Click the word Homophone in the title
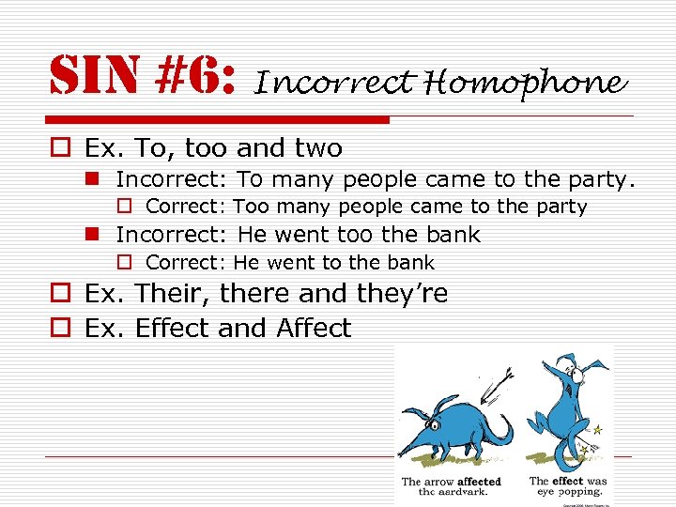(524, 84)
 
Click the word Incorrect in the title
(333, 84)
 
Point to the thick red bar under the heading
(216, 120)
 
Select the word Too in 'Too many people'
(251, 207)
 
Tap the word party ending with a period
(605, 178)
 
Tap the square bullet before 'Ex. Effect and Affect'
(60, 329)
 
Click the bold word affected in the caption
(479, 482)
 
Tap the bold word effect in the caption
(568, 481)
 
